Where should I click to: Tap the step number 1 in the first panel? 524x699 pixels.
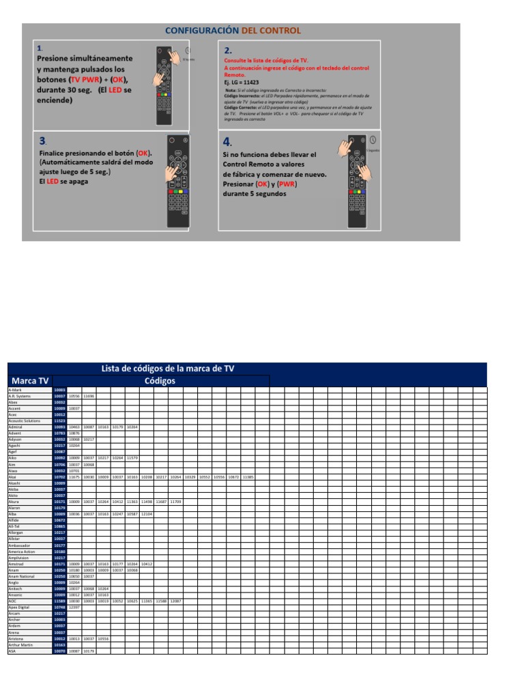[40, 48]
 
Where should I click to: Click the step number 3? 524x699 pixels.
[42, 141]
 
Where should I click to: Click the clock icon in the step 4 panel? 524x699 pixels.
[373, 140]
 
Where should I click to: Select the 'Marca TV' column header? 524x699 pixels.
[29, 381]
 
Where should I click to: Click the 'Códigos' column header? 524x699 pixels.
[160, 381]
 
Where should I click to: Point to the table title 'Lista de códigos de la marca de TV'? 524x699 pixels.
[168, 369]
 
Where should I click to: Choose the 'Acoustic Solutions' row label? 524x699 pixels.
[25, 421]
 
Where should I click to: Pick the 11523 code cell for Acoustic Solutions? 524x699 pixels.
[59, 421]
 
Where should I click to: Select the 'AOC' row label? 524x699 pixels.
[12, 601]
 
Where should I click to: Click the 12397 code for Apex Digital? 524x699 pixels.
[74, 607]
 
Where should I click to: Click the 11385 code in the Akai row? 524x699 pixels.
[247, 477]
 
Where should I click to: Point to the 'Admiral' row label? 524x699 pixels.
[15, 427]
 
